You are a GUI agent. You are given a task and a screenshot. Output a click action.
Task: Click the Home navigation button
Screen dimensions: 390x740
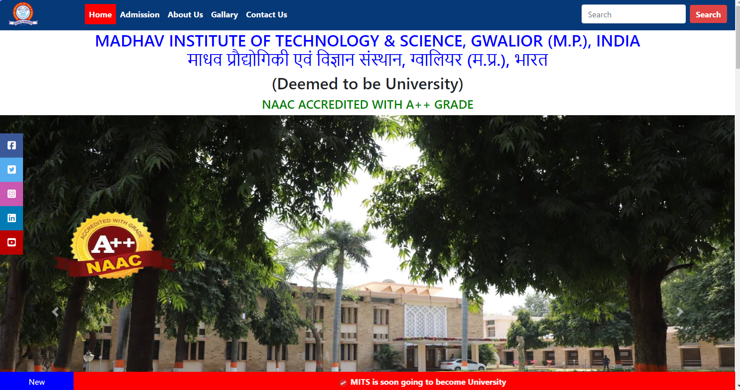click(x=100, y=15)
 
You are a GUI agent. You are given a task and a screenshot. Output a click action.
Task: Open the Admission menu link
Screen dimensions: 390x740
click(x=140, y=15)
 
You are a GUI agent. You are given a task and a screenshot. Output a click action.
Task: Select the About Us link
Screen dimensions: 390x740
click(x=185, y=15)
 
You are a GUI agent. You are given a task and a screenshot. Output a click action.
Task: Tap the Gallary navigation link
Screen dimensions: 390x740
click(x=224, y=15)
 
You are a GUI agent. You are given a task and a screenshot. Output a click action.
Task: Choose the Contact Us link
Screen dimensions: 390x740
click(x=266, y=15)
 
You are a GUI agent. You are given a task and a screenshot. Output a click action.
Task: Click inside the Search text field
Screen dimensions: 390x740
click(x=633, y=14)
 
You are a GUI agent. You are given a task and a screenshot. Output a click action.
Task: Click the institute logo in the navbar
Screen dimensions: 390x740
click(x=23, y=14)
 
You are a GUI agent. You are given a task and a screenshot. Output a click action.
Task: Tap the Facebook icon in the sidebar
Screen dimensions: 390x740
click(x=12, y=145)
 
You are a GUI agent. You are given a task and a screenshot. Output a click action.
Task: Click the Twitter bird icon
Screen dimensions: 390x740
click(x=12, y=170)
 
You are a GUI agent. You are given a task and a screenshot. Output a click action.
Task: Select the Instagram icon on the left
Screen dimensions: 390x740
click(x=12, y=194)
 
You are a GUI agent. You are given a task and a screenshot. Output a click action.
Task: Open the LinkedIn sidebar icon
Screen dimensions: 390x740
click(x=12, y=218)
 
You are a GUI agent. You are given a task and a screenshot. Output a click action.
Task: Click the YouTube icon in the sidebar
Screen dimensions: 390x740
click(x=12, y=242)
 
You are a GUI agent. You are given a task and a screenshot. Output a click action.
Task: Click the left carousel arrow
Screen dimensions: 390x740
click(x=55, y=312)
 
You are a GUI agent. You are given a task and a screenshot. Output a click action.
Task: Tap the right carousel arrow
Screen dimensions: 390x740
click(x=680, y=312)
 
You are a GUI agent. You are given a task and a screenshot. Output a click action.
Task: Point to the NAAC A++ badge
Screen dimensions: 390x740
click(x=113, y=246)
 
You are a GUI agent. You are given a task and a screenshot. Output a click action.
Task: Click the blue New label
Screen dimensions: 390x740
click(x=37, y=382)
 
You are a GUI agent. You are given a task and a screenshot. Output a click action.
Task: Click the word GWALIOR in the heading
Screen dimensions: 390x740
click(x=507, y=41)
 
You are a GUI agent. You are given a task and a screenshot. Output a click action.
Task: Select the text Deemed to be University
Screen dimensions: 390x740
click(x=367, y=84)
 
